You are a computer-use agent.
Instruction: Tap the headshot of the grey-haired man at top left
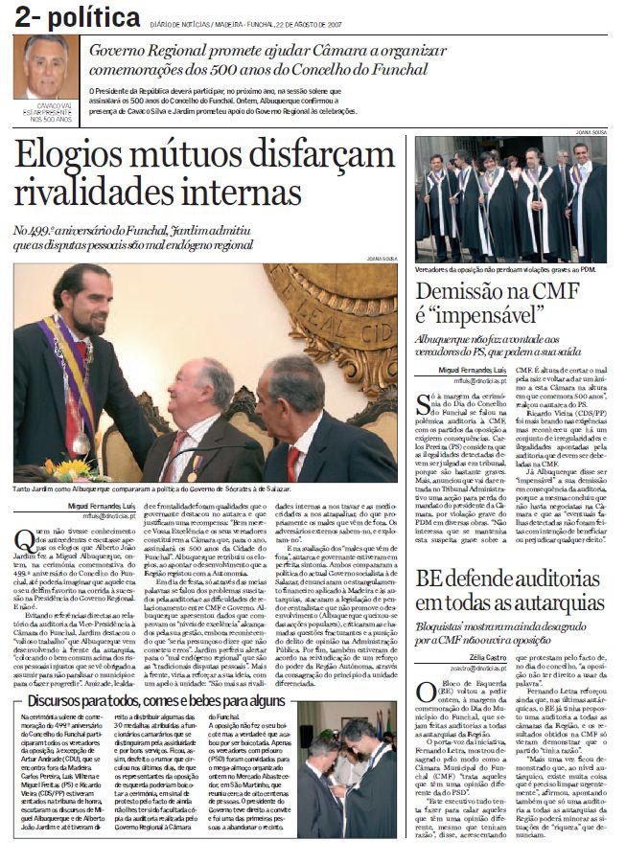point(45,68)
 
